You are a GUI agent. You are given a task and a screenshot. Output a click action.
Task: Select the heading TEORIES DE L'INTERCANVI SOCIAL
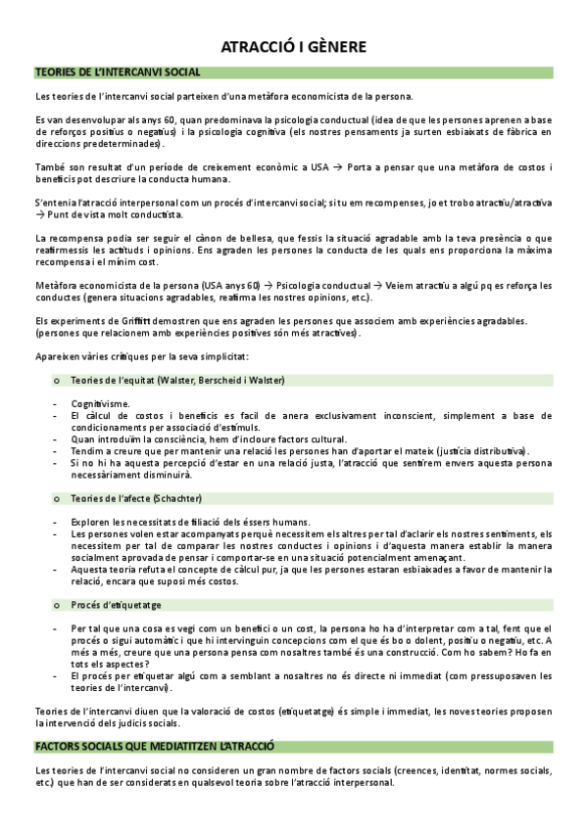coord(118,72)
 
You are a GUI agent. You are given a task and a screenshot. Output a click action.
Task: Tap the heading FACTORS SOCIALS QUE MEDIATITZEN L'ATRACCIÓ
coord(154,746)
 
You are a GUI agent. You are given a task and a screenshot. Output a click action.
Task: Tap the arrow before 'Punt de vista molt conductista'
coord(40,213)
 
